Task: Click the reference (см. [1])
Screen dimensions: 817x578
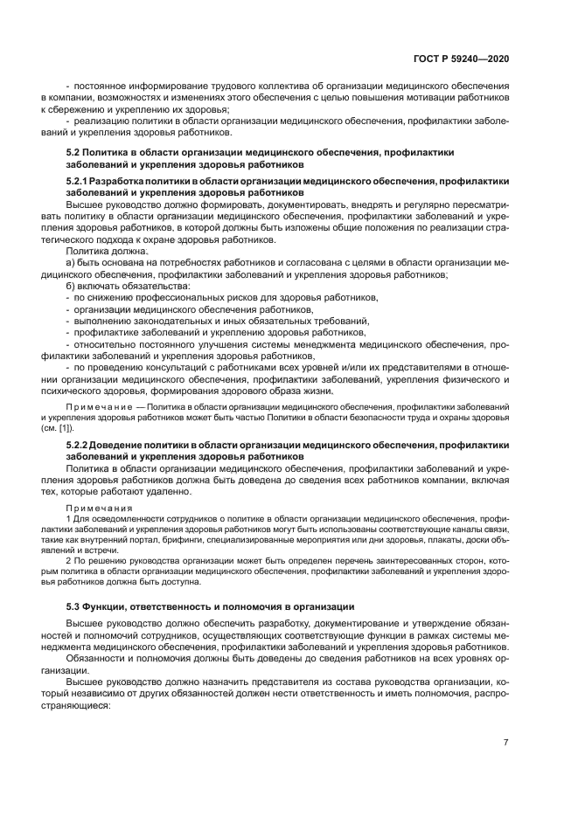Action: tap(58, 428)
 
